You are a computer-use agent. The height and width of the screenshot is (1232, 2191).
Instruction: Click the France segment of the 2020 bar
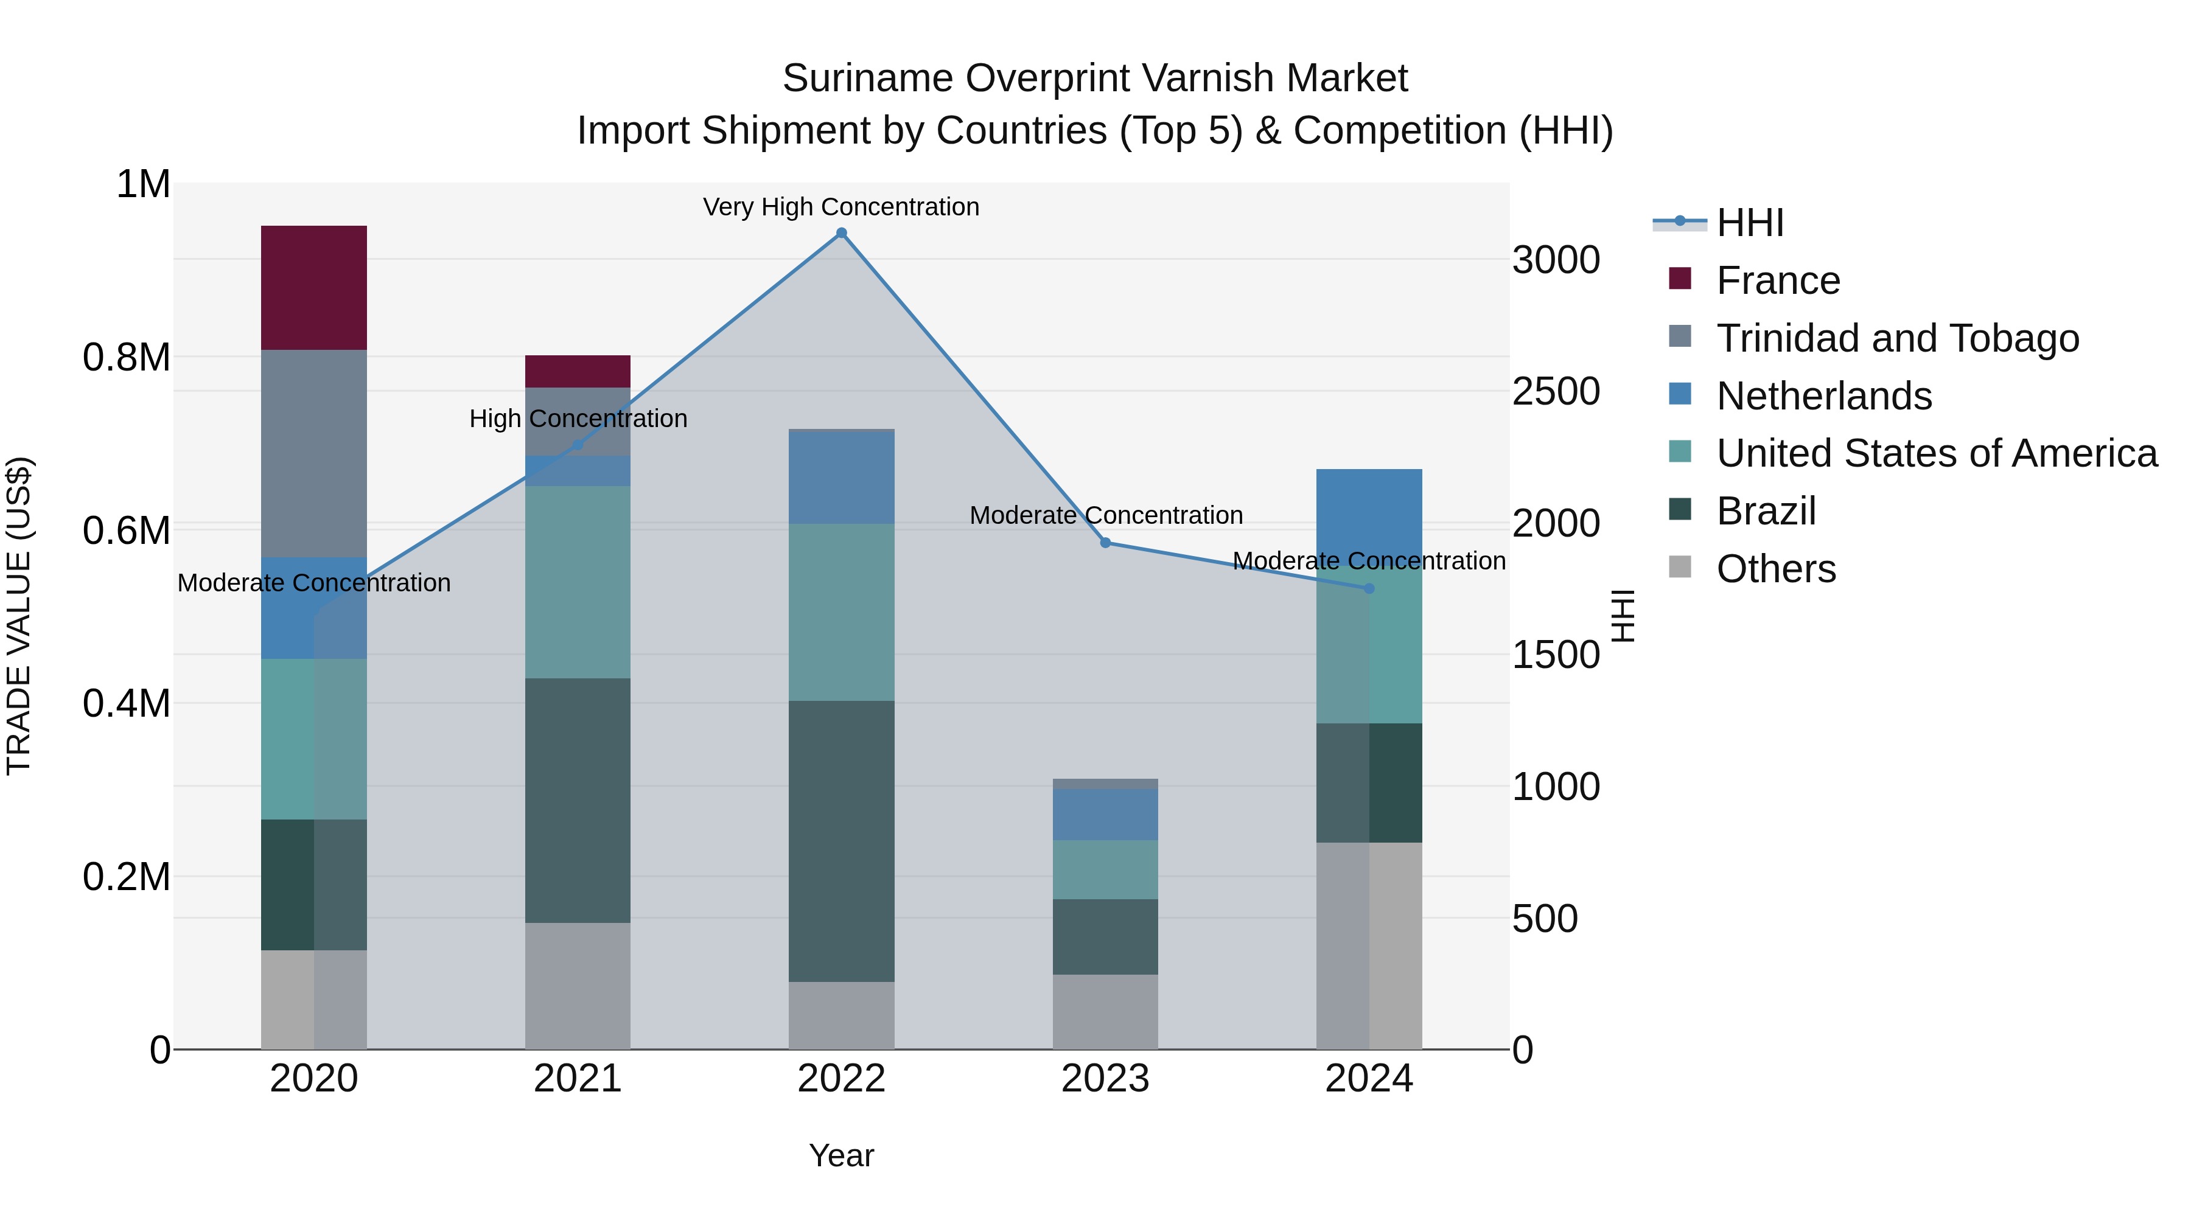tap(314, 287)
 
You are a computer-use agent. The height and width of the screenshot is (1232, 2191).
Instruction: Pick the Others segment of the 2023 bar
tap(1105, 1011)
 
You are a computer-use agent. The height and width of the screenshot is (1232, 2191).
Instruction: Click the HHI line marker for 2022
tap(841, 233)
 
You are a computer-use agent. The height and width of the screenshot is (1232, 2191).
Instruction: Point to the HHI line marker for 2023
tap(1105, 543)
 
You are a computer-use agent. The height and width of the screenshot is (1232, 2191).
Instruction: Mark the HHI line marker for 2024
tap(1369, 588)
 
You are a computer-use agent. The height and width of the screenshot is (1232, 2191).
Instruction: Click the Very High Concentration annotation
tap(841, 207)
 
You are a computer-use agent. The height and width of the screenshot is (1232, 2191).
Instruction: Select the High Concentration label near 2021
tap(578, 419)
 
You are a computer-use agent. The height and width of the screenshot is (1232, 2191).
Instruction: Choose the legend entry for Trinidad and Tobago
tap(1896, 338)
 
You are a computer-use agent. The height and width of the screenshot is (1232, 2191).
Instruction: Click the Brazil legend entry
tap(1766, 511)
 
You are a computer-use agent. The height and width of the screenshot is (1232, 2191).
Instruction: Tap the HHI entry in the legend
tap(1750, 223)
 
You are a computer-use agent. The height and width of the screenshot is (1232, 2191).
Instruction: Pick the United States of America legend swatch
tap(1680, 451)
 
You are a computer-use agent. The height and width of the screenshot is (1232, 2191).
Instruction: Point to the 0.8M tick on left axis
tap(126, 357)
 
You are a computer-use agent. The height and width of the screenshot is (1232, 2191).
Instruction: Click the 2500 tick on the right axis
tap(1556, 391)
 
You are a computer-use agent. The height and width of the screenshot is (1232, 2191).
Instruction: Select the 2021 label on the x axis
tap(578, 1079)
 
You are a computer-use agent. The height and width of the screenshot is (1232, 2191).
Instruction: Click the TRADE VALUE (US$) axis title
tap(19, 616)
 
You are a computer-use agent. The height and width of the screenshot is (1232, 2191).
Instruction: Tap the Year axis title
tap(841, 1155)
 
